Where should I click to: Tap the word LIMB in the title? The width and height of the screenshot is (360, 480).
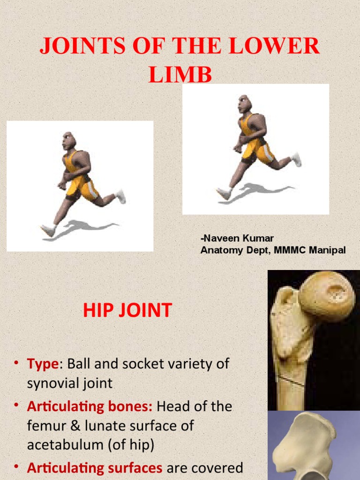click(x=180, y=75)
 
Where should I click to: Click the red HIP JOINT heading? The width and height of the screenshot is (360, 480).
click(x=127, y=310)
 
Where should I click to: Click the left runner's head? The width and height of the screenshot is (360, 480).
click(x=68, y=141)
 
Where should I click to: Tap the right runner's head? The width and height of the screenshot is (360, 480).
click(x=244, y=104)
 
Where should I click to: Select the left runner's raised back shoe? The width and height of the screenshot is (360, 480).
click(x=121, y=196)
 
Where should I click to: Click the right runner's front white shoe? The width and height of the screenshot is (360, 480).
click(x=224, y=193)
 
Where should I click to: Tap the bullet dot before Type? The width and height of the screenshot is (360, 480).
click(x=16, y=364)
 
